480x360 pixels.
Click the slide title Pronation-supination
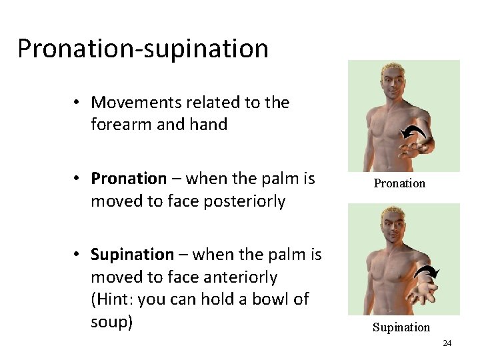[143, 49]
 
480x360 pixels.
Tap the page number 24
[447, 343]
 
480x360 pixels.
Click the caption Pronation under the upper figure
[399, 183]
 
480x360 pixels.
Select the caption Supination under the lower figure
[401, 327]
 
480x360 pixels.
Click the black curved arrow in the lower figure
[426, 273]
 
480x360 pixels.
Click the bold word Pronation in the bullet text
[129, 179]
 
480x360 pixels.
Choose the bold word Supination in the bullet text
[132, 255]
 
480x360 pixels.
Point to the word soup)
[112, 321]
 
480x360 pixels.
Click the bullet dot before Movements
[78, 103]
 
